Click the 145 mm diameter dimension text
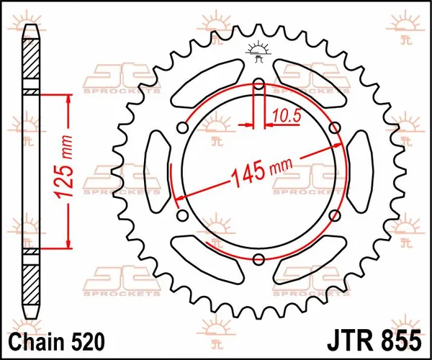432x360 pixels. pos(256,171)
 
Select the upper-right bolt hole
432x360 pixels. pos(334,128)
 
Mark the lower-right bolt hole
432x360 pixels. pos(334,216)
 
